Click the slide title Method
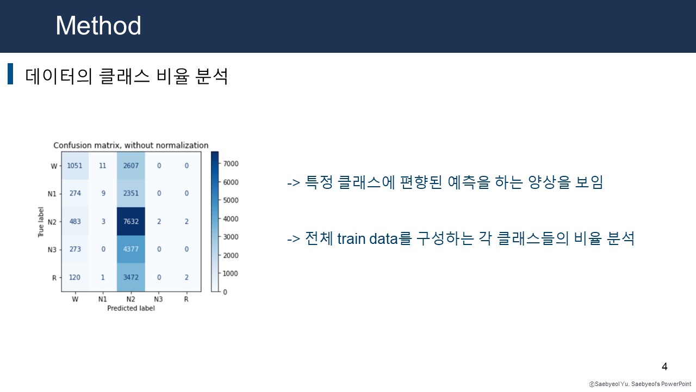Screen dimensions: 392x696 click(x=98, y=26)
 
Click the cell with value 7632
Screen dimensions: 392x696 click(x=130, y=222)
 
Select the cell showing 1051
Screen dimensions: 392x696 click(x=74, y=166)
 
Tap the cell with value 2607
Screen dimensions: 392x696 click(x=130, y=166)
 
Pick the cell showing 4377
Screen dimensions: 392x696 click(x=130, y=250)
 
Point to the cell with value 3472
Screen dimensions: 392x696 click(x=130, y=278)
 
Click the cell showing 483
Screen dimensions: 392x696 click(x=74, y=222)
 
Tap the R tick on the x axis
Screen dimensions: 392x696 click(x=186, y=299)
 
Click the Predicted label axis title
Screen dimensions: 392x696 click(x=130, y=308)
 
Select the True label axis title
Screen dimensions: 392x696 click(x=41, y=222)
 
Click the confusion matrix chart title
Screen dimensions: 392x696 click(x=130, y=145)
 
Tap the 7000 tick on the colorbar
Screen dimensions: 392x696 click(x=231, y=163)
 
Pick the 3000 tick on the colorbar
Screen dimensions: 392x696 click(x=231, y=237)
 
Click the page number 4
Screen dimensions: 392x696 click(x=664, y=366)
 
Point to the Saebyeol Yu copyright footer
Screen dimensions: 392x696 click(x=639, y=384)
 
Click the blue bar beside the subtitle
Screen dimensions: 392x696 click(x=10, y=74)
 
